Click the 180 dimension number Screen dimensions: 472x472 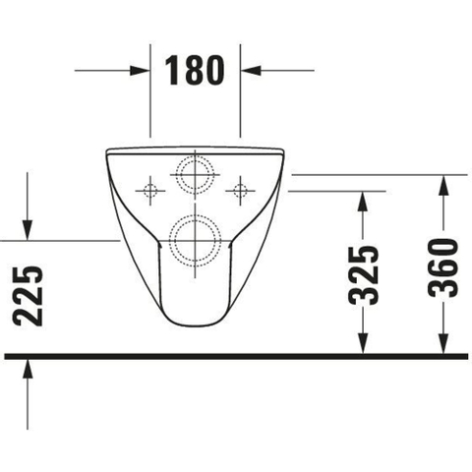point(195,70)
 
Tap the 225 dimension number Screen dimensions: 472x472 point(28,296)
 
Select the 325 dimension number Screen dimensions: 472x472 point(363,274)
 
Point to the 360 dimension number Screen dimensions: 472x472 point(443,267)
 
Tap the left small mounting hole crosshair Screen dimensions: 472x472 point(150,191)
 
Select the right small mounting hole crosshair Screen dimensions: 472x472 point(240,191)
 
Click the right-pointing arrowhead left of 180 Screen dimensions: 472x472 point(138,70)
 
